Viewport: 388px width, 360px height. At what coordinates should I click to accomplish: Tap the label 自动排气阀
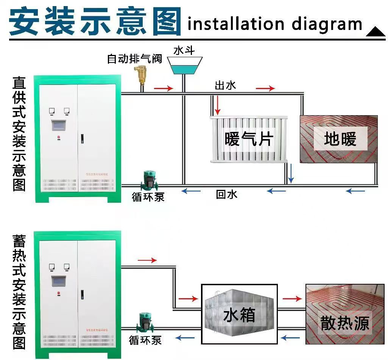(134, 59)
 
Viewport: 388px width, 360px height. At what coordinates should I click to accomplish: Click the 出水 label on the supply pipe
(225, 85)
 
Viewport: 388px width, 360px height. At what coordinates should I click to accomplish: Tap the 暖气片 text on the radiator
(248, 139)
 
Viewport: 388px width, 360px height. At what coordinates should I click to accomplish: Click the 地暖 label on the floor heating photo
(340, 139)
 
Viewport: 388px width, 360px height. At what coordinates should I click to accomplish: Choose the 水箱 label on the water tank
(239, 315)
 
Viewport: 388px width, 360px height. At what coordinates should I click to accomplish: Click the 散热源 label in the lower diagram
(344, 324)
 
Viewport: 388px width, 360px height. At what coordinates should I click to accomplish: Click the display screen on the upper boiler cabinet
(59, 125)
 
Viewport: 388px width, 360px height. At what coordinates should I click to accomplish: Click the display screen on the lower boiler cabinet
(59, 281)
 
